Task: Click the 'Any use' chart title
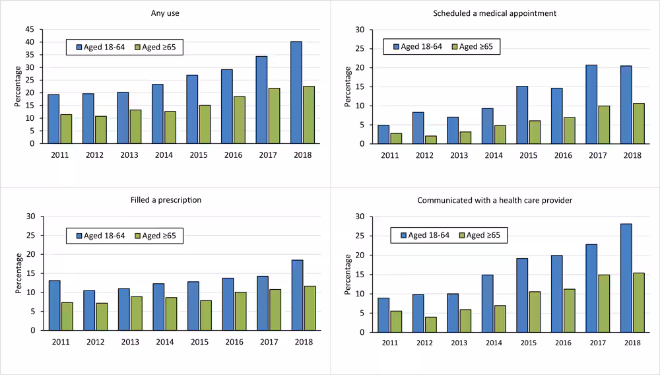point(165,13)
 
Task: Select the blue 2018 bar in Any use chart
point(296,92)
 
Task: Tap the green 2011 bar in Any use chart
point(66,129)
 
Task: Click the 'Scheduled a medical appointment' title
point(494,13)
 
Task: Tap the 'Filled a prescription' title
point(165,199)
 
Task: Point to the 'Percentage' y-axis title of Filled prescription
point(18,273)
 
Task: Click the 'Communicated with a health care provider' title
point(494,199)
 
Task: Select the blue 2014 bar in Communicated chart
point(488,304)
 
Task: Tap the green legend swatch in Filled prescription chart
point(137,235)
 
